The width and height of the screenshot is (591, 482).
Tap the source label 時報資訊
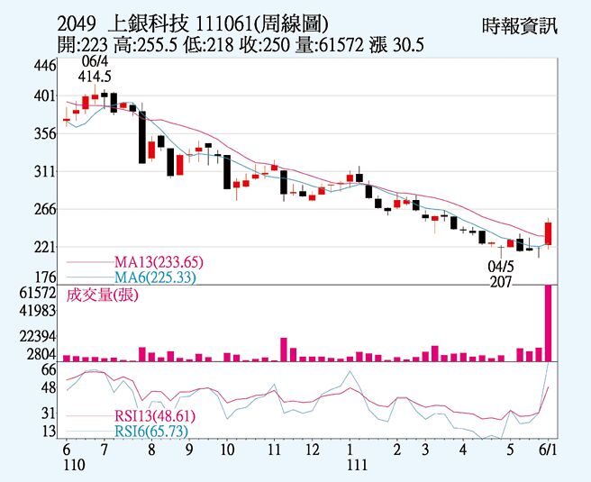pyautogui.click(x=520, y=25)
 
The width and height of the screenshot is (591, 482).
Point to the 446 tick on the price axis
pyautogui.click(x=45, y=66)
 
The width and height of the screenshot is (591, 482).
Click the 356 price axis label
pyautogui.click(x=45, y=133)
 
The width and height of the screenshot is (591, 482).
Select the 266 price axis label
pyautogui.click(x=45, y=209)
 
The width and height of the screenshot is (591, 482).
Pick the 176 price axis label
pyautogui.click(x=45, y=277)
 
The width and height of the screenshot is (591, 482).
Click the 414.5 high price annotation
pyautogui.click(x=95, y=77)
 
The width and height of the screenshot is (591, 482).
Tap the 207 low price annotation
pyautogui.click(x=501, y=282)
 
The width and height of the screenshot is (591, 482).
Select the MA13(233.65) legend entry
pyautogui.click(x=159, y=262)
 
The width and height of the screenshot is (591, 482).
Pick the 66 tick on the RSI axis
pyautogui.click(x=49, y=369)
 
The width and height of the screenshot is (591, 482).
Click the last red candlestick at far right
pyautogui.click(x=548, y=233)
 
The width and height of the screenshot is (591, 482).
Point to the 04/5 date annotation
pyautogui.click(x=501, y=268)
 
